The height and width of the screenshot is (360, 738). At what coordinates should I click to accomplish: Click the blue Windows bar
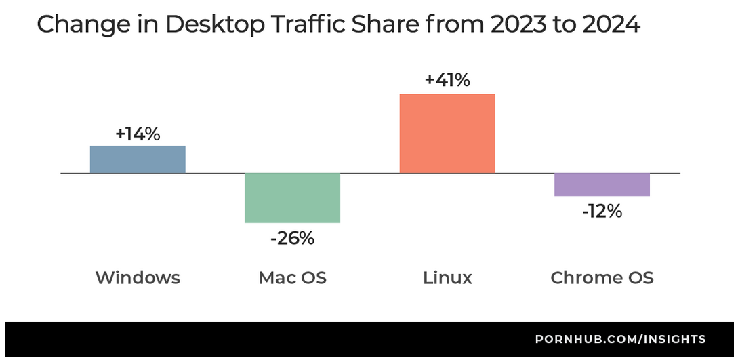138,159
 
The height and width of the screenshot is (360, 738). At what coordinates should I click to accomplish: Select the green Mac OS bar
292,197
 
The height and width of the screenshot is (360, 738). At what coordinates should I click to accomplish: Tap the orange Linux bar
447,133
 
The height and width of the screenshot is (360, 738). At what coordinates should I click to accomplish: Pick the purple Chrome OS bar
602,184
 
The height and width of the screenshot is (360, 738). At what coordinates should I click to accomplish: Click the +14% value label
138,134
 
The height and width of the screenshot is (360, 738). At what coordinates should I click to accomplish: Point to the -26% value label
292,238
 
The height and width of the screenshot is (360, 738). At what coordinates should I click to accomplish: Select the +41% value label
447,80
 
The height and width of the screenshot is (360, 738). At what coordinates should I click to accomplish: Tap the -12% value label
602,212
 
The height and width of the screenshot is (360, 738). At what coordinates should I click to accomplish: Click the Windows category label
138,278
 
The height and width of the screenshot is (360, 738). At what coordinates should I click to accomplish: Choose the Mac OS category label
292,278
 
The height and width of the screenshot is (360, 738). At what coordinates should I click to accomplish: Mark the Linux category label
447,278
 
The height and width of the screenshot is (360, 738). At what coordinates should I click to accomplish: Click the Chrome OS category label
602,278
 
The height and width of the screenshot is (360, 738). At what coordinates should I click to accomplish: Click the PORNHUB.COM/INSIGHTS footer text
620,339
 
